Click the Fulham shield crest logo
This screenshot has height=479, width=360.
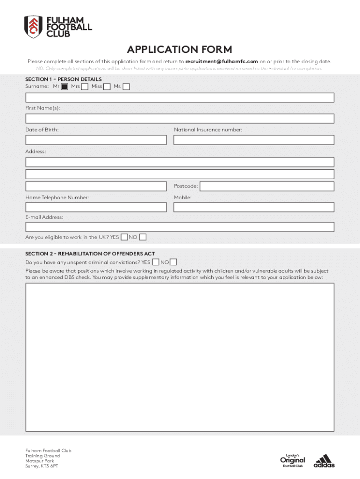pyautogui.click(x=33, y=27)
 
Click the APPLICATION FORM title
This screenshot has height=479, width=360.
pyautogui.click(x=180, y=50)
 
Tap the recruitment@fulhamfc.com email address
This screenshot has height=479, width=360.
pyautogui.click(x=222, y=61)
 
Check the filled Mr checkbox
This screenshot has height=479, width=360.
pyautogui.click(x=65, y=87)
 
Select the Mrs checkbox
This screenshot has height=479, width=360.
pyautogui.click(x=85, y=87)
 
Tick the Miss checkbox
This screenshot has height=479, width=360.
pyautogui.click(x=107, y=87)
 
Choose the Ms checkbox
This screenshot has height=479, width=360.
pyautogui.click(x=126, y=87)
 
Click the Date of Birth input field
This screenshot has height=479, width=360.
pyautogui.click(x=96, y=140)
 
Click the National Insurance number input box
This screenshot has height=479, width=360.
pyautogui.click(x=254, y=140)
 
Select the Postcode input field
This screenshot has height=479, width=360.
pyautogui.click(x=267, y=186)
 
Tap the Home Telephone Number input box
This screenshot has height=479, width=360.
pyautogui.click(x=96, y=207)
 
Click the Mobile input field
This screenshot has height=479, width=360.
pyautogui.click(x=254, y=207)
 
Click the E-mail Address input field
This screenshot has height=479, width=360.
pyautogui.click(x=180, y=227)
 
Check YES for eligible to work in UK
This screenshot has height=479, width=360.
pyautogui.click(x=124, y=237)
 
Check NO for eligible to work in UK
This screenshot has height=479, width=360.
pyautogui.click(x=143, y=237)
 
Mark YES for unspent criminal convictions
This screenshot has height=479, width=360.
pyautogui.click(x=156, y=262)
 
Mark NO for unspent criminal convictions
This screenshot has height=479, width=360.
pyautogui.click(x=173, y=262)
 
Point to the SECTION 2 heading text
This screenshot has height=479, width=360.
pyautogui.click(x=90, y=254)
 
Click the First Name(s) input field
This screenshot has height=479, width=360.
pyautogui.click(x=180, y=118)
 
